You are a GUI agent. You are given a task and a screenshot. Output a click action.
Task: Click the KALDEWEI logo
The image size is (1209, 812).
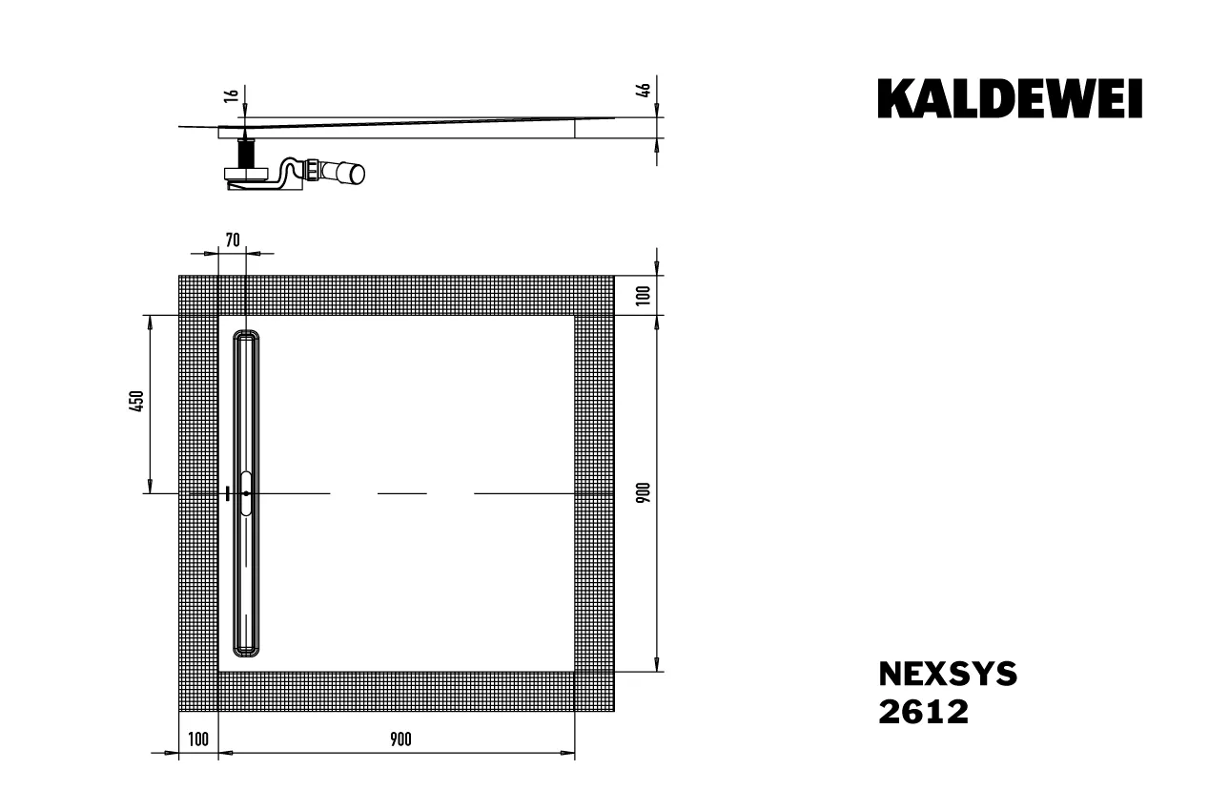1010,98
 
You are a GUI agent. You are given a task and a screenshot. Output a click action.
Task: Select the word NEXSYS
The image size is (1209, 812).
947,675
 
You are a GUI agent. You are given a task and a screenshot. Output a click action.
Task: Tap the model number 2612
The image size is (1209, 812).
922,712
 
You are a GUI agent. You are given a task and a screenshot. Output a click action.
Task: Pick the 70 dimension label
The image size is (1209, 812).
233,239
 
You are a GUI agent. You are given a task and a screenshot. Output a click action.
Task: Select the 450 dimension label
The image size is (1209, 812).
136,401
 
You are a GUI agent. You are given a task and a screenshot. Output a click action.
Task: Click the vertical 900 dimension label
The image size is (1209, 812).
644,492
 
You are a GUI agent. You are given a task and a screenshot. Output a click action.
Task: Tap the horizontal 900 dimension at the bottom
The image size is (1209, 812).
400,739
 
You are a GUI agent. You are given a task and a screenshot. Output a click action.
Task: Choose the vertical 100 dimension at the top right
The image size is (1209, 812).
644,294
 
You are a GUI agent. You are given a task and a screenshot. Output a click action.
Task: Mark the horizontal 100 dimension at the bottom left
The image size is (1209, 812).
198,739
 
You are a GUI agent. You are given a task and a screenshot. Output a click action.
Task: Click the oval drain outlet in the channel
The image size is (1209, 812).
247,493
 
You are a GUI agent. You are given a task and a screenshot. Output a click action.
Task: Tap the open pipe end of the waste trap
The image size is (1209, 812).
356,173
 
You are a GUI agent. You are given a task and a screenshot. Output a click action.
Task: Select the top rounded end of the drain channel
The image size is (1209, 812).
247,337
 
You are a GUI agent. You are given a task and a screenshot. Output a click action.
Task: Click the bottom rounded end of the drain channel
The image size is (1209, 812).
247,650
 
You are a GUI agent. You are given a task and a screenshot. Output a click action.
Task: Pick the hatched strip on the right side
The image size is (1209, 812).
594,492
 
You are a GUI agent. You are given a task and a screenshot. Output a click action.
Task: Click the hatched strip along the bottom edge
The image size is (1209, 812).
396,691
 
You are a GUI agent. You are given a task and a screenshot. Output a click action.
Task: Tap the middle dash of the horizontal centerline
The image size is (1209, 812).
402,493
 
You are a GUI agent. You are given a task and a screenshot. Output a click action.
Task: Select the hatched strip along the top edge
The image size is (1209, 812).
396,295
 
